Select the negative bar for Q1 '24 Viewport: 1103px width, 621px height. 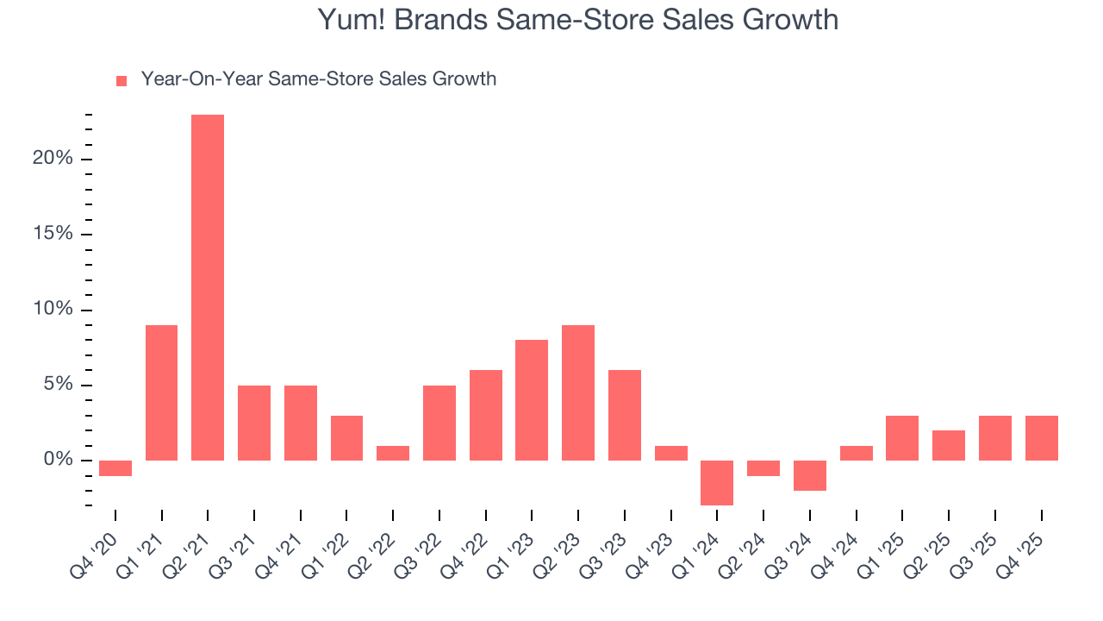[x=717, y=483]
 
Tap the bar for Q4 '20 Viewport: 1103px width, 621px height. [x=115, y=468]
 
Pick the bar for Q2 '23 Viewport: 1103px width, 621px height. [x=578, y=392]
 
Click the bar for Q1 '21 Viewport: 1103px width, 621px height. [x=162, y=392]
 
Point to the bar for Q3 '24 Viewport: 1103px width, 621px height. [x=809, y=475]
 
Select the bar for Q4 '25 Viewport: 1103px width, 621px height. [x=1041, y=438]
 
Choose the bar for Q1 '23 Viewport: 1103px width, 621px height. [x=532, y=400]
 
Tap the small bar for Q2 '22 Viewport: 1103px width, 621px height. [x=393, y=453]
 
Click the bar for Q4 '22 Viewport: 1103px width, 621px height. [x=485, y=415]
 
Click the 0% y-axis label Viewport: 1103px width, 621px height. [x=58, y=461]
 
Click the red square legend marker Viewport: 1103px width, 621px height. [x=122, y=80]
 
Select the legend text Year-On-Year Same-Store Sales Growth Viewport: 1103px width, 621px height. [x=318, y=79]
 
